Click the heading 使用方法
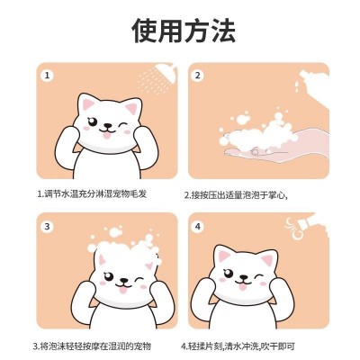[184, 31]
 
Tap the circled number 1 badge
[47, 76]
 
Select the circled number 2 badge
[197, 76]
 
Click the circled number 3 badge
[47, 227]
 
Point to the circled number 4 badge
[197, 227]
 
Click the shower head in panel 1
[166, 68]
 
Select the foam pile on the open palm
[258, 132]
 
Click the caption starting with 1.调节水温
[92, 193]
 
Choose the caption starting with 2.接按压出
[236, 195]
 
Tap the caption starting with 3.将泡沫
[92, 346]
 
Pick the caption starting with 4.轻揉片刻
[238, 346]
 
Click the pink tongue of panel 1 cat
[107, 135]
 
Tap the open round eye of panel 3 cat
[108, 275]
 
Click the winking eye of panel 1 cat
[122, 124]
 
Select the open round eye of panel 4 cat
[229, 273]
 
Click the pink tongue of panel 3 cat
[123, 290]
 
